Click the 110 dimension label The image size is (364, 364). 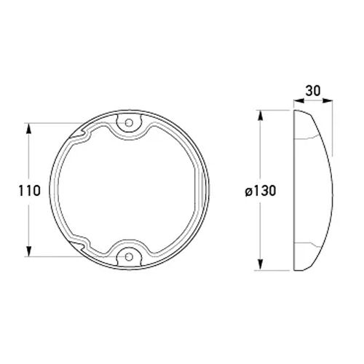point(29,191)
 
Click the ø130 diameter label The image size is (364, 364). point(261,191)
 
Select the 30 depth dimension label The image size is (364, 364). point(313,91)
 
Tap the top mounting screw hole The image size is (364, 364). point(129,123)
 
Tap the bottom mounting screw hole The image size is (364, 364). point(129,256)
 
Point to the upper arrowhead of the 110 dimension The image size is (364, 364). point(29,128)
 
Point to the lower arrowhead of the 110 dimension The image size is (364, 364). point(29,251)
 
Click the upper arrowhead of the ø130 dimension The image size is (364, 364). point(261,116)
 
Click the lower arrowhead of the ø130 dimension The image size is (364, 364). point(261,264)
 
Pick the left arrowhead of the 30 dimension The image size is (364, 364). point(299,100)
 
